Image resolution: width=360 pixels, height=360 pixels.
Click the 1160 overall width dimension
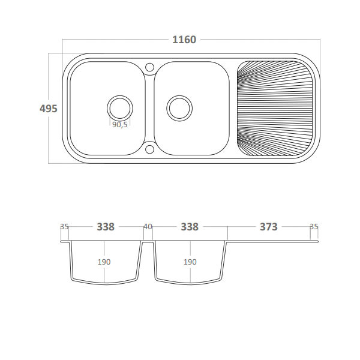pos(184,40)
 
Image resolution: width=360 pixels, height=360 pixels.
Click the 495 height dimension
pos(48,109)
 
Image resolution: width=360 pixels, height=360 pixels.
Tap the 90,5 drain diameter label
pos(119,124)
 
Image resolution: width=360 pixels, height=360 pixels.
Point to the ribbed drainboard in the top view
pos(275,109)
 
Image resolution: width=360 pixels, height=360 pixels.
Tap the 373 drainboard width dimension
pos(269,227)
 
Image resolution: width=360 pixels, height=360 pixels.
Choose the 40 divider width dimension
pos(148,227)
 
